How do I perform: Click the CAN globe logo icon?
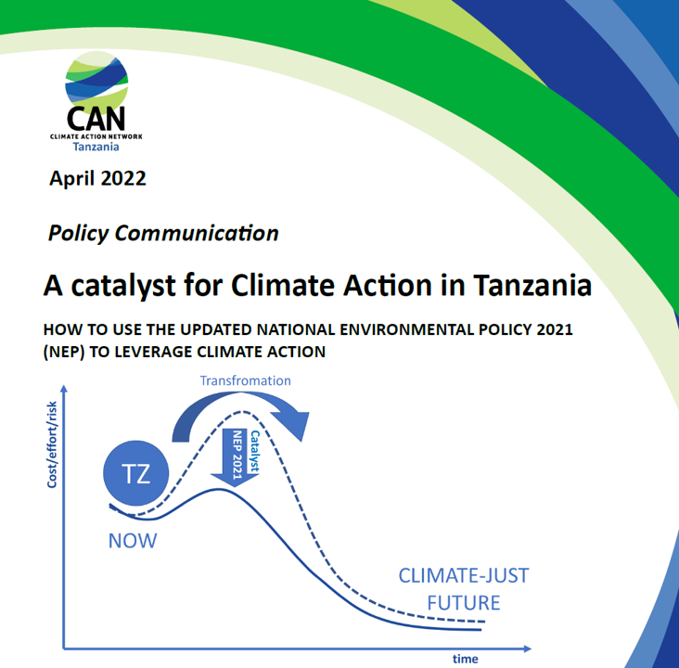click(x=96, y=81)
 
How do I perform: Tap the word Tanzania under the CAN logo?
click(x=96, y=146)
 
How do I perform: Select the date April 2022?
click(x=97, y=178)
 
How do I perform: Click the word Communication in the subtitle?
click(x=198, y=233)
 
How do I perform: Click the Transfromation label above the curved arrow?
click(x=245, y=380)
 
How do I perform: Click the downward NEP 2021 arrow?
click(x=235, y=457)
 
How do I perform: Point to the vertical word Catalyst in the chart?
click(x=253, y=452)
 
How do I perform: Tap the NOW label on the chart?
click(x=133, y=541)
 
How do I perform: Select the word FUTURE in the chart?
click(x=463, y=602)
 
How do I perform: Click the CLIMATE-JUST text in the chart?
click(x=463, y=575)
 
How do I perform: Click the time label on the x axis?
click(x=466, y=659)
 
